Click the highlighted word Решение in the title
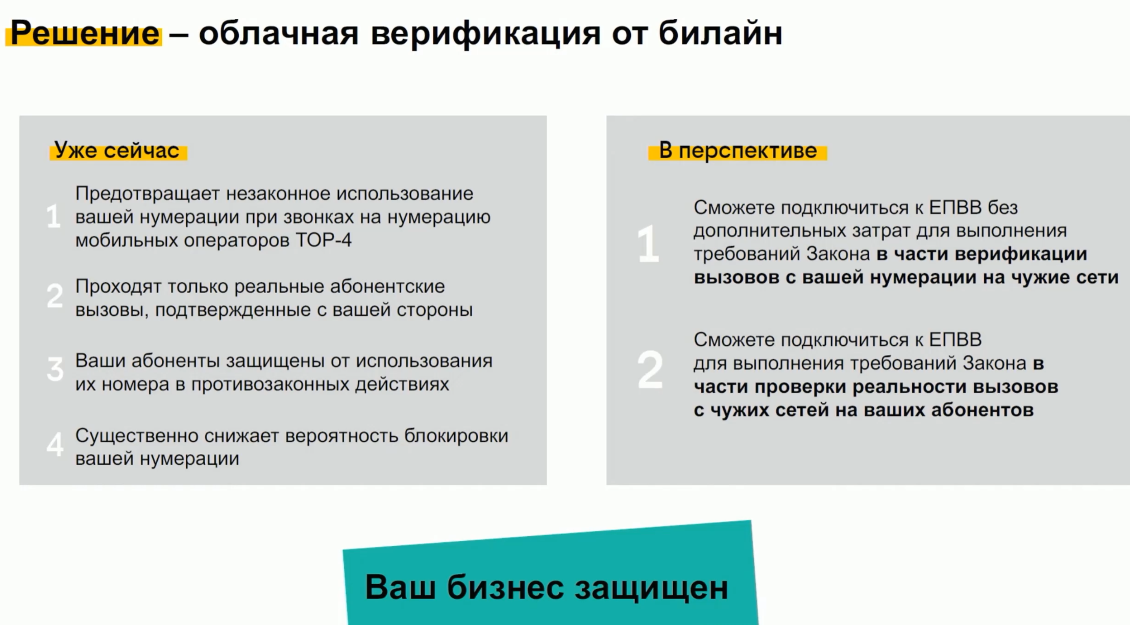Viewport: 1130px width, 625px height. (x=85, y=33)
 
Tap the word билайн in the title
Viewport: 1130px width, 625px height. (x=720, y=33)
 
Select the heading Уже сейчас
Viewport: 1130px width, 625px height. (x=117, y=150)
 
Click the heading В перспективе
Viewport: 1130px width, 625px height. (x=738, y=151)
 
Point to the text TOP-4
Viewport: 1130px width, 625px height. (x=324, y=240)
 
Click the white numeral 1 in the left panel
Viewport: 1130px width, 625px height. (x=53, y=217)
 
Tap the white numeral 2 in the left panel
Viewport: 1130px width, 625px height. (x=55, y=296)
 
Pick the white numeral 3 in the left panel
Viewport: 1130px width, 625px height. (x=55, y=369)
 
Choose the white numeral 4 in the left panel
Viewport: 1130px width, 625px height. (x=55, y=444)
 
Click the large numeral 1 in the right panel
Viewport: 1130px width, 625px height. (x=648, y=244)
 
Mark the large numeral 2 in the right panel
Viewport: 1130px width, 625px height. (x=650, y=370)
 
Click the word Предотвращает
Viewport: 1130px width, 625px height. (x=148, y=194)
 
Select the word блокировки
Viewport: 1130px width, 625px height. (x=456, y=437)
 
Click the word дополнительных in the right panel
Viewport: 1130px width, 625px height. (x=770, y=231)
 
